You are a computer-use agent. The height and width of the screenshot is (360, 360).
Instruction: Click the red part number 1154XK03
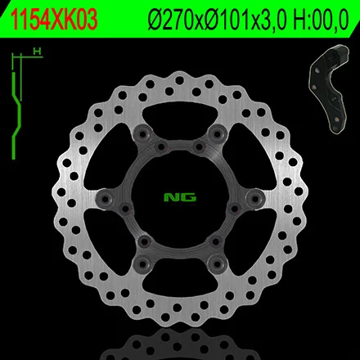[x=53, y=20]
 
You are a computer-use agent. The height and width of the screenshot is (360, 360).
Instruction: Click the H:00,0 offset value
[x=322, y=20]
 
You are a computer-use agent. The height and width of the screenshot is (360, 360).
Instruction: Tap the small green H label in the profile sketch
[x=37, y=51]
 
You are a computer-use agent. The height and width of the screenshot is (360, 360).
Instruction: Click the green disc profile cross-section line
[x=16, y=115]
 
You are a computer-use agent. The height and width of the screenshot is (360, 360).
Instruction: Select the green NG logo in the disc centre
[x=180, y=197]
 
